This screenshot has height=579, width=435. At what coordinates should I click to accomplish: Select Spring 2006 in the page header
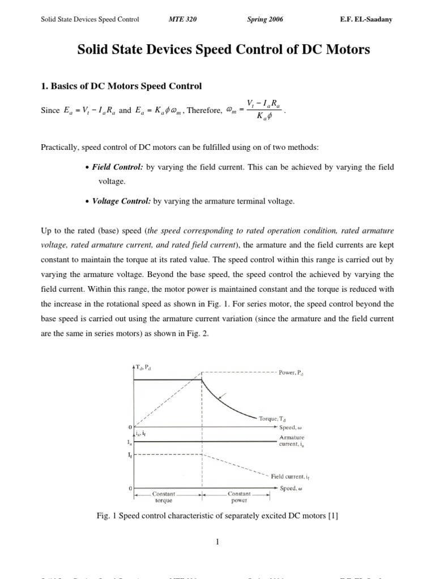(x=265, y=20)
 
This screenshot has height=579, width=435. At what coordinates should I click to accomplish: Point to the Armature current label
(x=292, y=441)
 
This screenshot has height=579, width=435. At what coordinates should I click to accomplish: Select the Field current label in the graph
(x=290, y=477)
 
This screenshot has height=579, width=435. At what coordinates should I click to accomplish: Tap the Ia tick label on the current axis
(x=130, y=443)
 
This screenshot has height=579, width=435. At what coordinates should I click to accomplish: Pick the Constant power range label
(x=238, y=497)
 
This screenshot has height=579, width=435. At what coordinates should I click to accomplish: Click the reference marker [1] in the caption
(x=334, y=515)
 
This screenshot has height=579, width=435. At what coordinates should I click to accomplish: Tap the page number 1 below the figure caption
(x=217, y=542)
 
